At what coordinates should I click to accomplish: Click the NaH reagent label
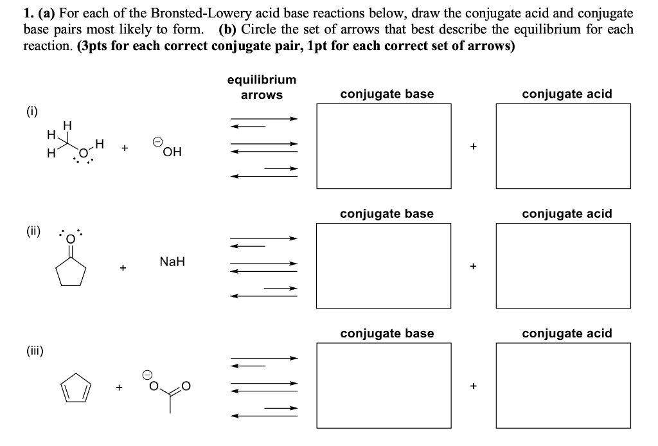click(172, 262)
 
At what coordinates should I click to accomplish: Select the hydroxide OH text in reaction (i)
click(172, 152)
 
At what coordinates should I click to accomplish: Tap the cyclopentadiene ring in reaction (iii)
click(76, 388)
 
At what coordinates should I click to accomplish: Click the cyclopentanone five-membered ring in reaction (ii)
click(71, 274)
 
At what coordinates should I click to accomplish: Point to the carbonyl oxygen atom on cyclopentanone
click(71, 240)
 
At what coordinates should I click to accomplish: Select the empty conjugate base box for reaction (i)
click(384, 146)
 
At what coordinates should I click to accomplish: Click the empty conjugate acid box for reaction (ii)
click(566, 265)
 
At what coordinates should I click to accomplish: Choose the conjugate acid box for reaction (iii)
click(566, 385)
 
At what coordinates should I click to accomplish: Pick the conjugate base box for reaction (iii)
click(384, 385)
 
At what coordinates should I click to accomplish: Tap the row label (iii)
click(34, 350)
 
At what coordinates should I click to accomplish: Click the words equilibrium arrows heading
click(262, 87)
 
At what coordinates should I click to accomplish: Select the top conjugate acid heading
click(567, 94)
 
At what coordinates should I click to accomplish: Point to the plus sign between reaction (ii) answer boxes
click(474, 265)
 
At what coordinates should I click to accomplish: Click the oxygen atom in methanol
click(83, 151)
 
